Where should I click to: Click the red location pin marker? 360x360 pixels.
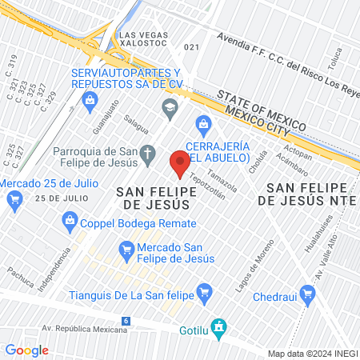tap(179, 163)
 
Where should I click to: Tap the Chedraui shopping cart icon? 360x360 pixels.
tap(307, 294)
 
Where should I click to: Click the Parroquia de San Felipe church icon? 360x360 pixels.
tap(147, 154)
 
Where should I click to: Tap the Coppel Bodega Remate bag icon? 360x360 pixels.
tap(70, 219)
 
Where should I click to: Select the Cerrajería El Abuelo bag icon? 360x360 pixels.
tap(203, 124)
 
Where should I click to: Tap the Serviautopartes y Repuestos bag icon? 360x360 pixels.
tap(90, 100)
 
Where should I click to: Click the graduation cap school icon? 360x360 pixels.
tap(169, 106)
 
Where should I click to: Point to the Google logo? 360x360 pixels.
tap(26, 350)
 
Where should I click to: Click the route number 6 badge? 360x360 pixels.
tap(126, 321)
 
